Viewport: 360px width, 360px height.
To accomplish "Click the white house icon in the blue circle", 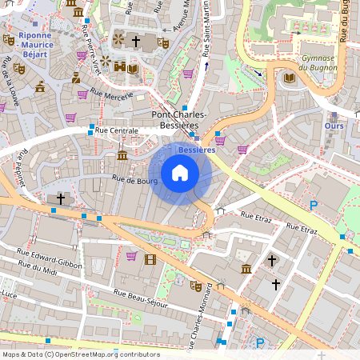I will pyautogui.click(x=180, y=173).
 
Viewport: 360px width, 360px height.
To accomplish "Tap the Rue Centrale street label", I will pyautogui.click(x=117, y=130).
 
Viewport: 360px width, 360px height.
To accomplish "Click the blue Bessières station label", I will pyautogui.click(x=197, y=150).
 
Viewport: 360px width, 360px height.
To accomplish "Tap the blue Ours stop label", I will pyautogui.click(x=334, y=126).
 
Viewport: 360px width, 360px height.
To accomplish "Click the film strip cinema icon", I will pyautogui.click(x=150, y=258).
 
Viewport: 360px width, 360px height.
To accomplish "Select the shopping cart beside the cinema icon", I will pyautogui.click(x=131, y=256).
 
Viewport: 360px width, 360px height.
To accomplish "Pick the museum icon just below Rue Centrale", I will pyautogui.click(x=122, y=154).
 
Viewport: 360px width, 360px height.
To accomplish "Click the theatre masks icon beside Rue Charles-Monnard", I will pyautogui.click(x=196, y=286).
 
